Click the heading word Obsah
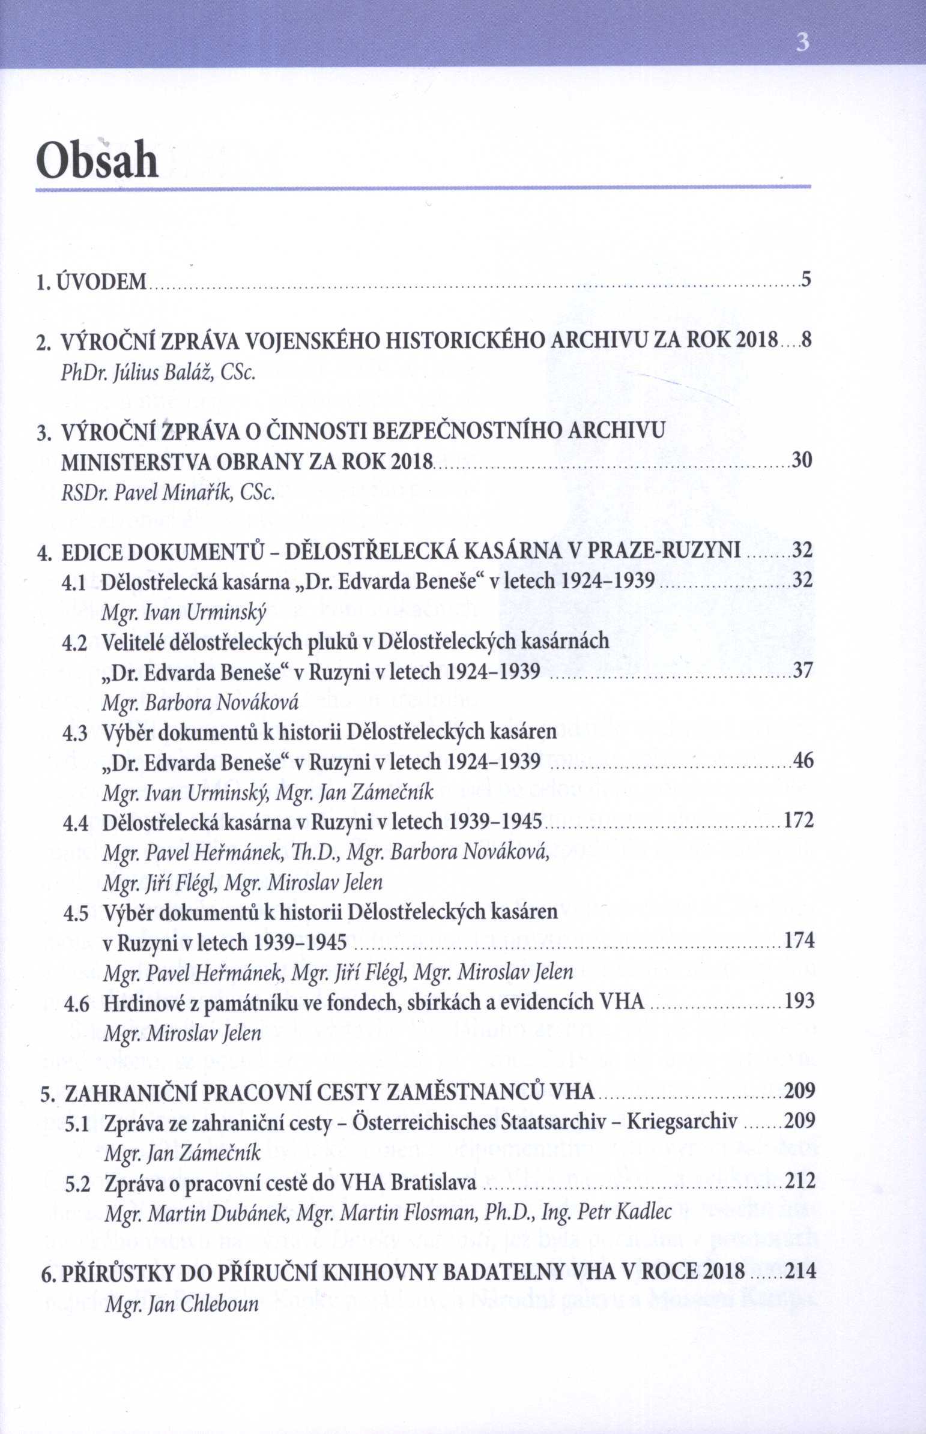tap(97, 160)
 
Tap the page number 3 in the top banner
tap(802, 44)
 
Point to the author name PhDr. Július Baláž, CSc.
tap(159, 373)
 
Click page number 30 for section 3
tap(802, 461)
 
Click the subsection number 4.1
tap(75, 581)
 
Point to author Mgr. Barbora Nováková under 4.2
tap(201, 702)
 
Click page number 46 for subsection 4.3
tap(803, 761)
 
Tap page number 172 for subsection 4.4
tap(800, 821)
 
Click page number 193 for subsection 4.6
tap(800, 1001)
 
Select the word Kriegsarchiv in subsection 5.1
tap(681, 1121)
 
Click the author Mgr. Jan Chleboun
tap(181, 1304)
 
